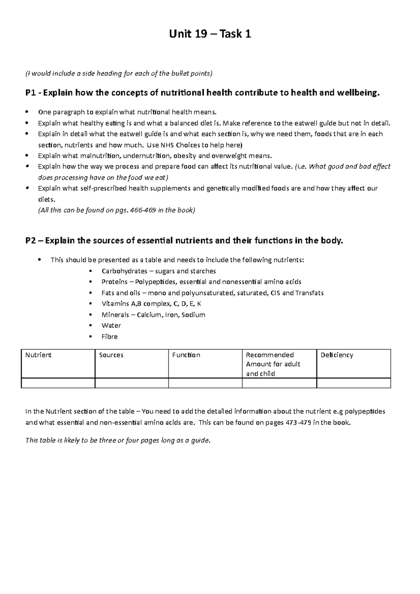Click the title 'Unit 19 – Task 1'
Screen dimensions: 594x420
click(210, 34)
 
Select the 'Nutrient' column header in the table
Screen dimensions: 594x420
click(38, 355)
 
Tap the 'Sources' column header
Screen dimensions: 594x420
click(111, 355)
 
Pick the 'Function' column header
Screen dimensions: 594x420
click(186, 355)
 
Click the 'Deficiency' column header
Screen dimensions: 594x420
click(337, 355)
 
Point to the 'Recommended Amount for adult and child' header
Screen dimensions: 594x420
click(273, 364)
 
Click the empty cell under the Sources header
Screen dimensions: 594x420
click(132, 383)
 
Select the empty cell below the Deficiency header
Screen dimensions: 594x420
click(353, 383)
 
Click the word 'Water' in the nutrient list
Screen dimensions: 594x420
click(111, 326)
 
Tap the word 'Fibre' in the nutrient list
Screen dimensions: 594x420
click(110, 337)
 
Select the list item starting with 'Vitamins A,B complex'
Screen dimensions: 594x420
click(151, 304)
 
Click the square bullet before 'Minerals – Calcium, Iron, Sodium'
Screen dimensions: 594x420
click(91, 315)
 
